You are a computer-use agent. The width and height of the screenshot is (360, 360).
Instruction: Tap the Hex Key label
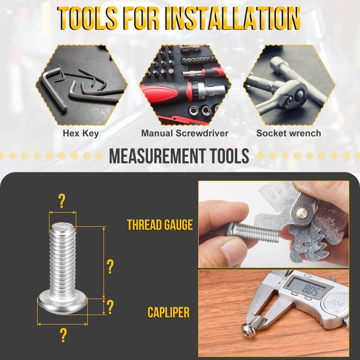point(81,133)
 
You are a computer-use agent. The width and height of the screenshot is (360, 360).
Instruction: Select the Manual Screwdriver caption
point(184,133)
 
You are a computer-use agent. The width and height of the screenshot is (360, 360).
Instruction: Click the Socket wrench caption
point(288,133)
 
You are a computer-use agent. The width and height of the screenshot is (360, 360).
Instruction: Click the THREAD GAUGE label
point(160,225)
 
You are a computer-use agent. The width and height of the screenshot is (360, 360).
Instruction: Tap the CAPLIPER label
point(168,312)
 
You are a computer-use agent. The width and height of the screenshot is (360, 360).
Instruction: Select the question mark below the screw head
point(63,335)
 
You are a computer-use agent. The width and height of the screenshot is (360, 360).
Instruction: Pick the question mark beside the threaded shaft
point(110,267)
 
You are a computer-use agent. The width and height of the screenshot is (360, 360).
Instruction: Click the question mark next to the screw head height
point(110,307)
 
